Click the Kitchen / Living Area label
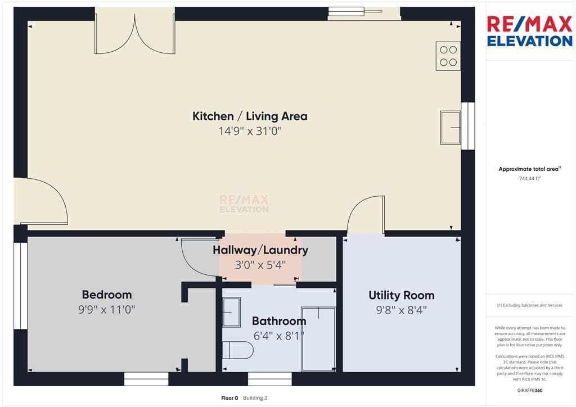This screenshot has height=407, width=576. pyautogui.click(x=250, y=116)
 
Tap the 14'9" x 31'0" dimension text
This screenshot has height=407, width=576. pyautogui.click(x=250, y=131)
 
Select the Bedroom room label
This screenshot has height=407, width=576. pyautogui.click(x=107, y=295)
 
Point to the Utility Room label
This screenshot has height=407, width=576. pyautogui.click(x=402, y=296)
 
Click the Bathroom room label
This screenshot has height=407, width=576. pyautogui.click(x=279, y=321)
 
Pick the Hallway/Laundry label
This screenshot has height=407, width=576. pyautogui.click(x=260, y=250)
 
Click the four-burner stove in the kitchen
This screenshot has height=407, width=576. pyautogui.click(x=448, y=56)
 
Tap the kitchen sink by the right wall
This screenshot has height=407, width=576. pyautogui.click(x=451, y=128)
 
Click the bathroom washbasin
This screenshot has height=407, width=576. pyautogui.click(x=231, y=312)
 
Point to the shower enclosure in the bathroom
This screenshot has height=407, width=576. pyautogui.click(x=318, y=339)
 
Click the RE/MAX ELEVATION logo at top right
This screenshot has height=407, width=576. pyautogui.click(x=530, y=31)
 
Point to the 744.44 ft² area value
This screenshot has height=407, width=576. pyautogui.click(x=530, y=179)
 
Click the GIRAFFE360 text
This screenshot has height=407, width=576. pyautogui.click(x=530, y=391)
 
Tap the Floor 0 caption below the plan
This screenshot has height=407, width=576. pyautogui.click(x=229, y=398)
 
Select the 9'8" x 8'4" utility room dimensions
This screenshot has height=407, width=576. pyautogui.click(x=402, y=310)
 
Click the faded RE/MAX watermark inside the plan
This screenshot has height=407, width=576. pyautogui.click(x=244, y=204)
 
